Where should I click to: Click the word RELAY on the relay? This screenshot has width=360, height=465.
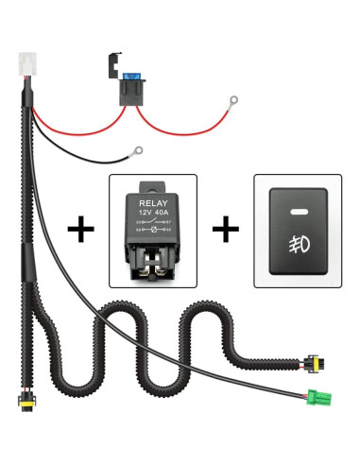[152, 202]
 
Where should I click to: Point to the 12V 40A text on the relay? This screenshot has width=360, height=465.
[152, 213]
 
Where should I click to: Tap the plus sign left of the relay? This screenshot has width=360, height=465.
[83, 231]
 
